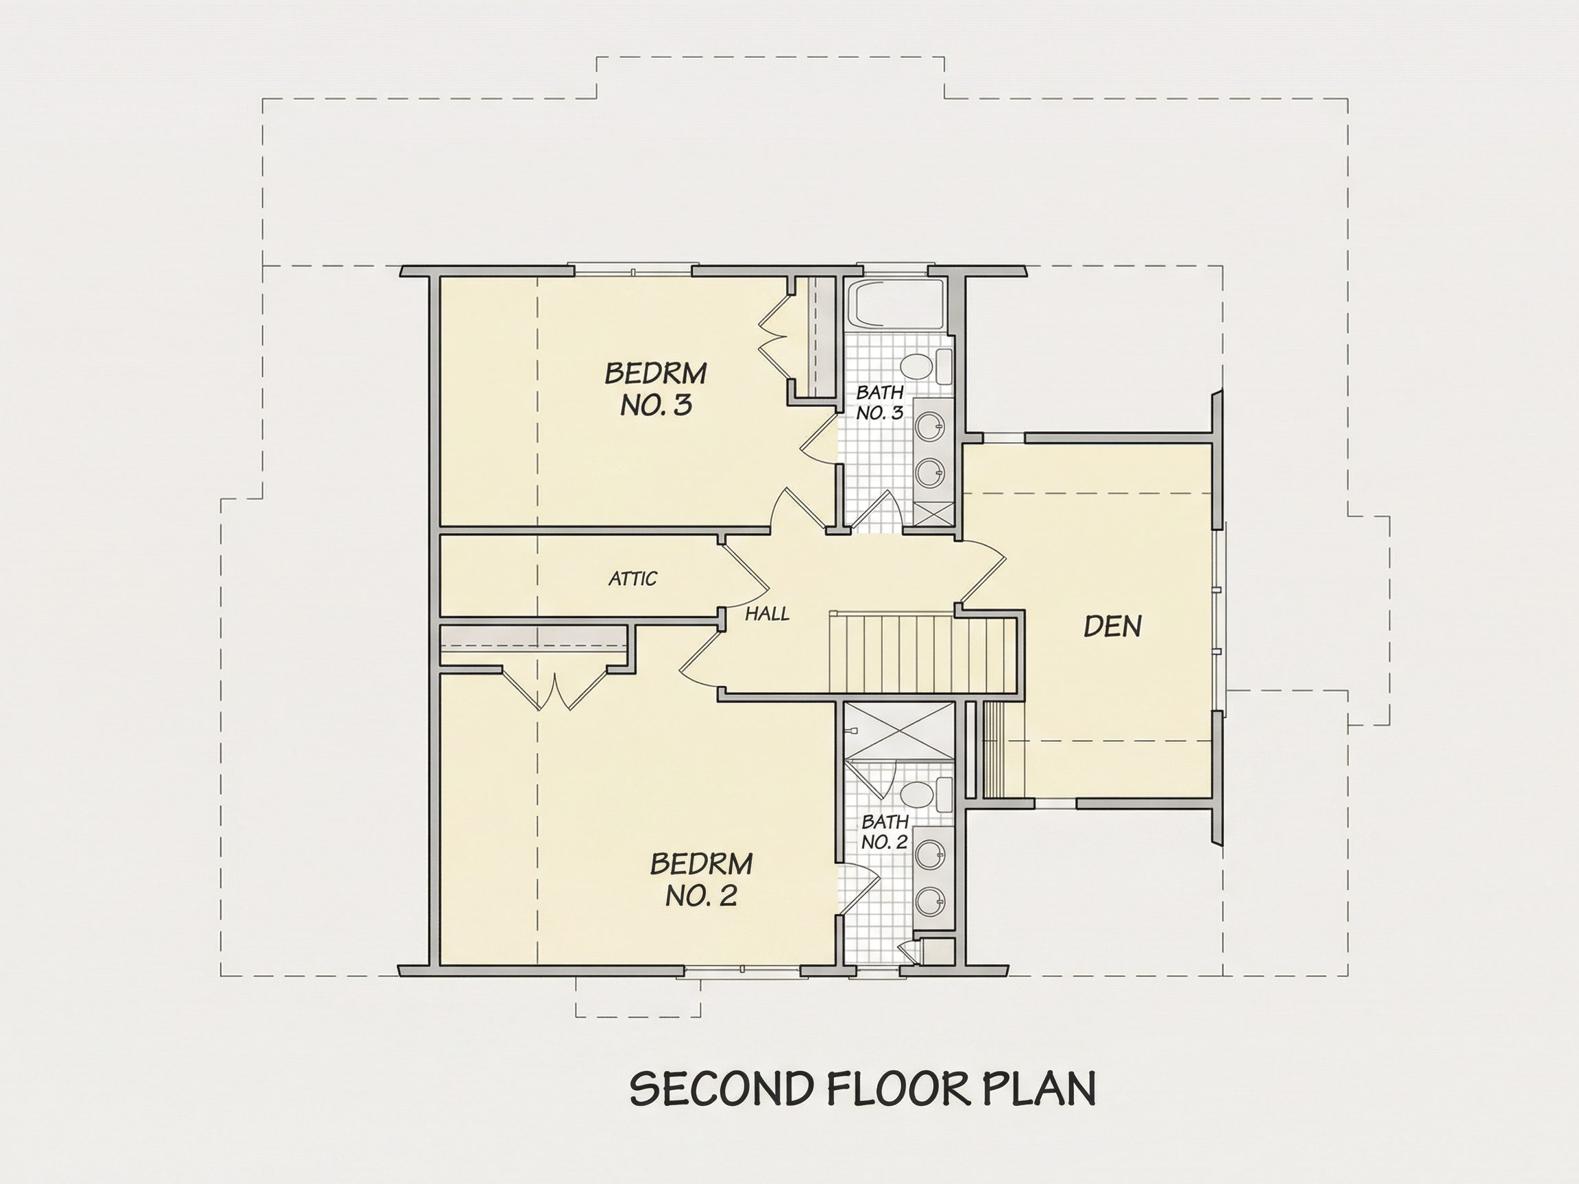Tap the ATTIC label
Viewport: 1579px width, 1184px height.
tap(633, 578)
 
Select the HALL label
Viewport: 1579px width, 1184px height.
tap(768, 614)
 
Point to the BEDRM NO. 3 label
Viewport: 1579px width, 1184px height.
tap(656, 389)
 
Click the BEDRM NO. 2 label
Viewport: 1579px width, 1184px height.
tap(701, 879)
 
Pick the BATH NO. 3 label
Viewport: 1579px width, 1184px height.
tap(879, 402)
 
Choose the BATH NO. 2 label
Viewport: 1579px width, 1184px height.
tap(885, 832)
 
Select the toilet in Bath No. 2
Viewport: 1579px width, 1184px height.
tap(927, 795)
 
